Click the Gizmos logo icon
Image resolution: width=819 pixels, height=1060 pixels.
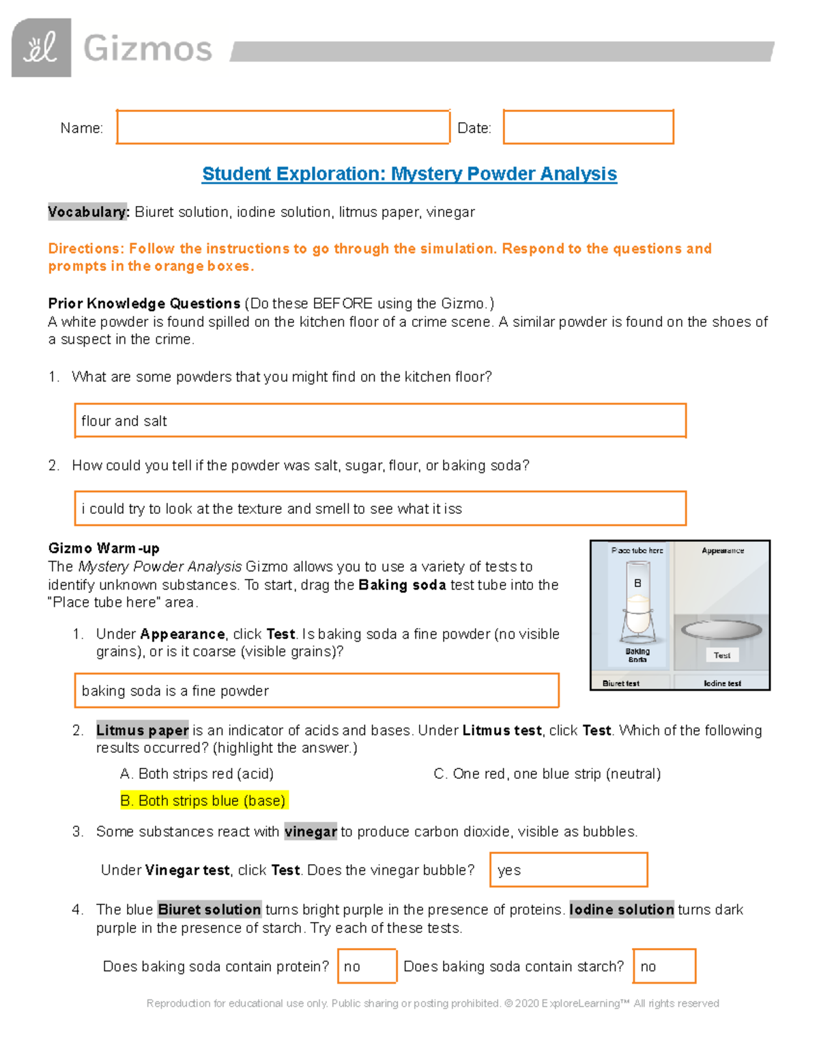click(x=41, y=48)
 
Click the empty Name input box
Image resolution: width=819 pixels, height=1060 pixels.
click(x=283, y=127)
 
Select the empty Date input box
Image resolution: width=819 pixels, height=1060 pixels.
click(x=588, y=127)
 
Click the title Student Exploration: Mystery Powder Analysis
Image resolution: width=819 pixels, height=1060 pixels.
click(x=409, y=174)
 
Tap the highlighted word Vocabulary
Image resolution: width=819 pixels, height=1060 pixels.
click(x=88, y=212)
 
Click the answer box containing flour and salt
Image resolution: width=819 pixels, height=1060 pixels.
click(x=379, y=420)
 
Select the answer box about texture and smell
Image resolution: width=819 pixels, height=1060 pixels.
click(x=379, y=508)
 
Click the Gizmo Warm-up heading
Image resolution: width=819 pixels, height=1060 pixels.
click(x=104, y=548)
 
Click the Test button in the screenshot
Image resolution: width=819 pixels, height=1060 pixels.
click(x=721, y=655)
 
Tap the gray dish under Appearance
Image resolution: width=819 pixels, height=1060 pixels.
click(x=721, y=629)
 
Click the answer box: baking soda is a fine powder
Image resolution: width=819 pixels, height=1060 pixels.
click(x=317, y=691)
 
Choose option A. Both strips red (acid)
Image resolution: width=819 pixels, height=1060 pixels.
click(x=197, y=774)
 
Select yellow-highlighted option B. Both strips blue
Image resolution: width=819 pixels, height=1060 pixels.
click(x=203, y=801)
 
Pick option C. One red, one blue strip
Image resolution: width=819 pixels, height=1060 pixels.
click(x=547, y=774)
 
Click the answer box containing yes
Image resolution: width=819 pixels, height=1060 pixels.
click(x=568, y=870)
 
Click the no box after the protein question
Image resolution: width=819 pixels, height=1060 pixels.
click(x=367, y=966)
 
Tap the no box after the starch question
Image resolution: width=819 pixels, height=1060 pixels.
click(x=663, y=966)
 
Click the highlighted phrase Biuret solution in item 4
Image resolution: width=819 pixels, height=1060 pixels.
click(x=209, y=910)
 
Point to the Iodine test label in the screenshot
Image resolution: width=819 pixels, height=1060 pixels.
click(x=722, y=683)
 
